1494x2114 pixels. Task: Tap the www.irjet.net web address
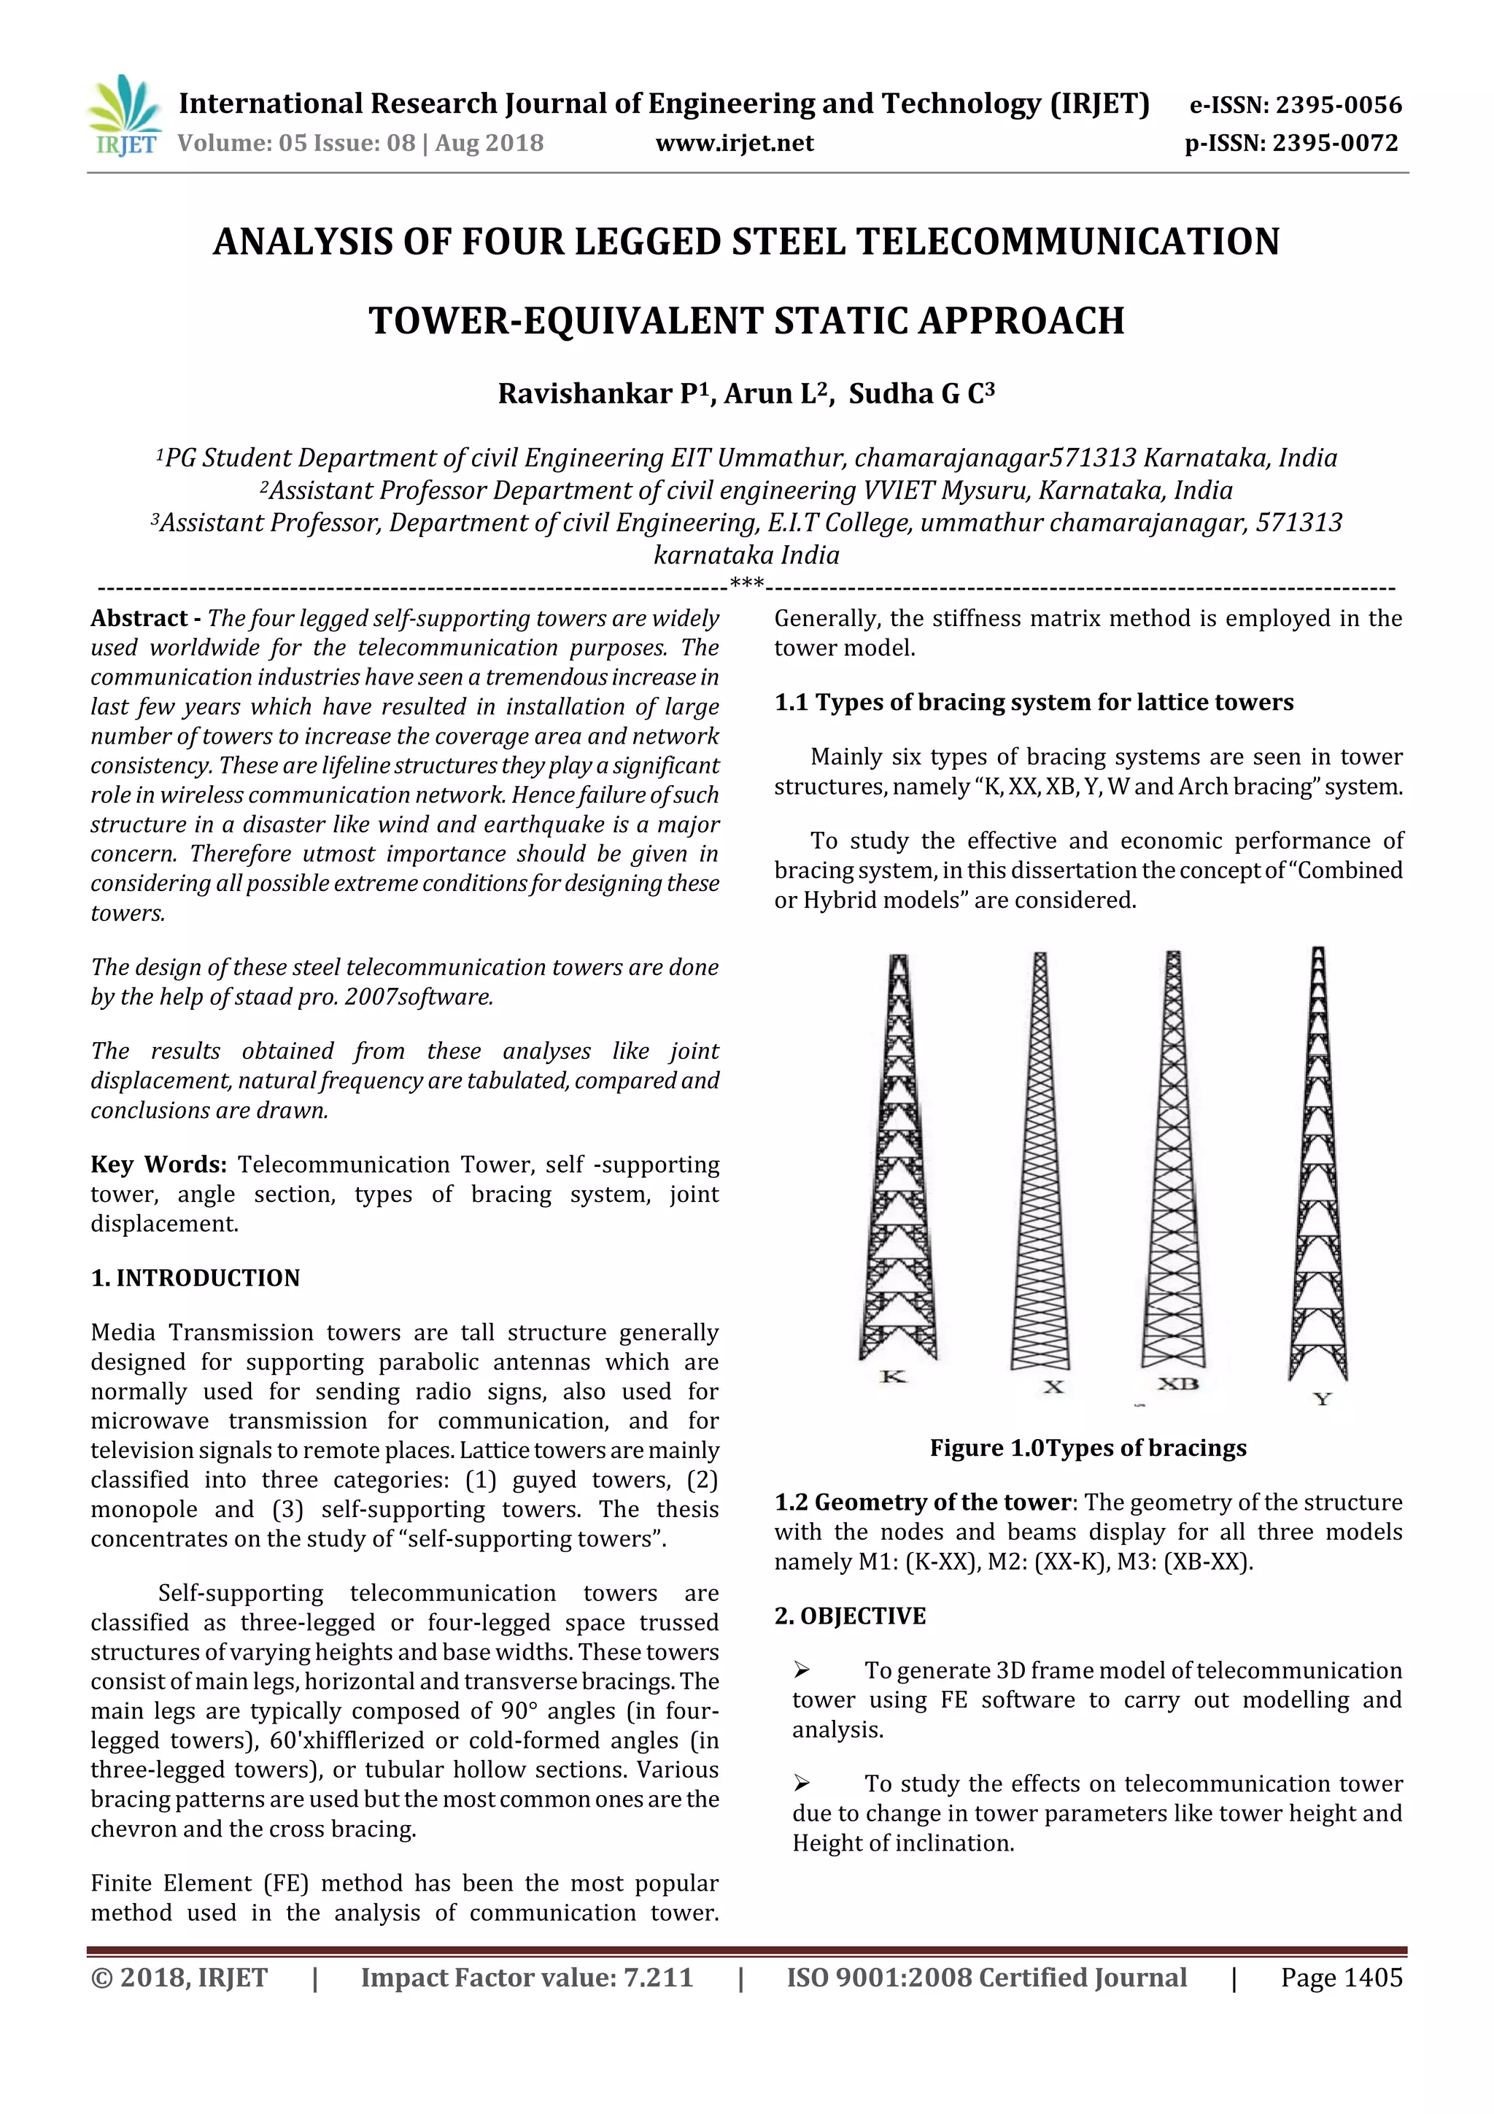[x=735, y=143]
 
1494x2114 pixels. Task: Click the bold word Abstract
[x=139, y=619]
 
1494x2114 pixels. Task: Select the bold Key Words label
[x=158, y=1165]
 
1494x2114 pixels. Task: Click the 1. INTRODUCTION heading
[x=196, y=1278]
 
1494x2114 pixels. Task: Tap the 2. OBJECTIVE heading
[x=850, y=1616]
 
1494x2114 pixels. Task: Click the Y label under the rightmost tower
[x=1322, y=1400]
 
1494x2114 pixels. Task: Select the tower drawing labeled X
[x=1040, y=1160]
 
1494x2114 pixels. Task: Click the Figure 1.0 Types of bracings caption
[x=1087, y=1448]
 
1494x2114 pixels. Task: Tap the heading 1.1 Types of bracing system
[x=1033, y=703]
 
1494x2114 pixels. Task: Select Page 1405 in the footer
[x=1342, y=1978]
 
